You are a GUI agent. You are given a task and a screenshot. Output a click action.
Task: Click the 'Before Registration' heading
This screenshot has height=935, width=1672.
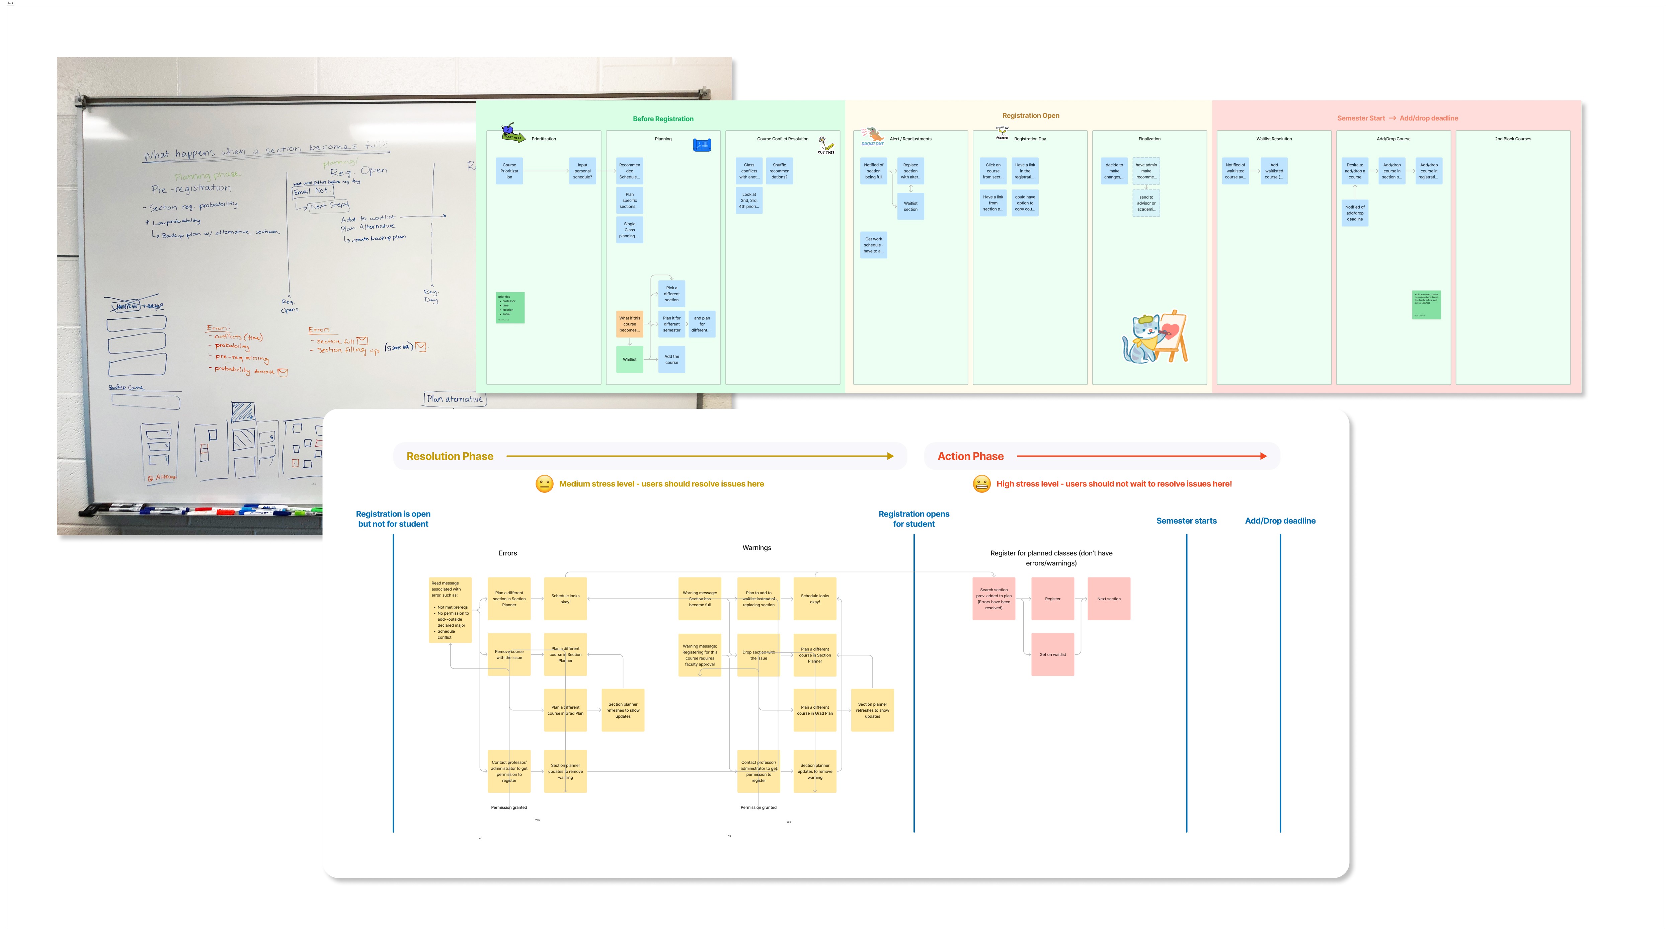(663, 119)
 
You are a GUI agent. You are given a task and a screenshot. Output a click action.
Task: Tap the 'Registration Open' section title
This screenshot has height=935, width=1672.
(1030, 115)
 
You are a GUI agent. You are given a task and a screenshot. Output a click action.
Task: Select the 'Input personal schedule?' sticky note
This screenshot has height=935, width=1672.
(582, 171)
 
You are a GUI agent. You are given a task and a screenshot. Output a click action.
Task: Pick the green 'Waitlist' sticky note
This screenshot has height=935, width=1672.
(629, 359)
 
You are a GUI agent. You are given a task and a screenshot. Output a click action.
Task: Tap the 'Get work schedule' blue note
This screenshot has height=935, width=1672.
(873, 245)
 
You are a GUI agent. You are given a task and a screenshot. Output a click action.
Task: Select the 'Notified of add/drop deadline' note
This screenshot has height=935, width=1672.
(1355, 213)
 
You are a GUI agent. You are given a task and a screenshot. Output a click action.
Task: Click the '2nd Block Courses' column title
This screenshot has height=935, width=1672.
(1512, 139)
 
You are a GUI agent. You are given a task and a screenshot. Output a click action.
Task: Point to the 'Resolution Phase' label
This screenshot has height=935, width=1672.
(450, 457)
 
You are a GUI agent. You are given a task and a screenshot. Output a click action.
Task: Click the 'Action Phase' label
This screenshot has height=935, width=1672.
(970, 457)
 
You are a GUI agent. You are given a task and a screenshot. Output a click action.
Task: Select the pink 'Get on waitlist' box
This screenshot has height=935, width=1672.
(1052, 654)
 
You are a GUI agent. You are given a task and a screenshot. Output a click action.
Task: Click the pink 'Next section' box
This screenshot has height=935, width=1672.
(1109, 599)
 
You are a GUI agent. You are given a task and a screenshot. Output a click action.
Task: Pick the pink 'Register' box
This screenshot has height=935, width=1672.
(1052, 599)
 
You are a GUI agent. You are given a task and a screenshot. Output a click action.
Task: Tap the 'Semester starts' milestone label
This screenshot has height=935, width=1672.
(1186, 521)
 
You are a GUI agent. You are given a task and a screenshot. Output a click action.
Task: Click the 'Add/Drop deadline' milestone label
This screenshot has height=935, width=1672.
(1279, 521)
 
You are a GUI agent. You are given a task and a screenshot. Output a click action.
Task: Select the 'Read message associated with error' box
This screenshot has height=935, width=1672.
(450, 610)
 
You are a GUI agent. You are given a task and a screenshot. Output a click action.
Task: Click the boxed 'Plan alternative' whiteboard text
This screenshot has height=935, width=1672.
(454, 399)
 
